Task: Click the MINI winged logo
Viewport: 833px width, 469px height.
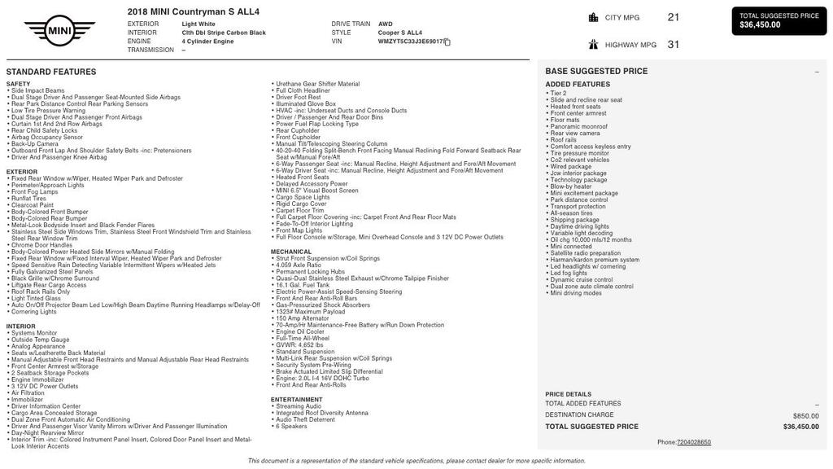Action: pos(59,31)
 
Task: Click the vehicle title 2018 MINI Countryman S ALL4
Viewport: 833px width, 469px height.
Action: pos(194,11)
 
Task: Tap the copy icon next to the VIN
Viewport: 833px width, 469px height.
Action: pos(447,42)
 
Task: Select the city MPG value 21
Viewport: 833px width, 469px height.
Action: pos(674,17)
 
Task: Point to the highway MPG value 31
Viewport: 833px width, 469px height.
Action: pos(674,45)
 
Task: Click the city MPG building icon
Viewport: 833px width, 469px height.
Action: pos(594,17)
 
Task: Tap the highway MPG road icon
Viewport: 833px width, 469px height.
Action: pos(594,45)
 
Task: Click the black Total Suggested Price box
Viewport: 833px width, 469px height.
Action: pos(779,20)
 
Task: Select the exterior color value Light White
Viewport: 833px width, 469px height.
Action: pos(198,24)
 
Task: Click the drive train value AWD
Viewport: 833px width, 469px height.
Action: pos(385,24)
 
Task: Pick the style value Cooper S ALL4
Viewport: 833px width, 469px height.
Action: pos(400,33)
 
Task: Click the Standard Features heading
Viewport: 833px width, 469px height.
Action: pos(51,72)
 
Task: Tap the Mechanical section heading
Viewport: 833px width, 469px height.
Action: pos(291,252)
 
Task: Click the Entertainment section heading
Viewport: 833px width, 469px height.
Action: pos(297,400)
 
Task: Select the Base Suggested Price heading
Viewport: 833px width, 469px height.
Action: pos(596,72)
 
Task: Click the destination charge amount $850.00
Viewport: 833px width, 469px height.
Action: pos(805,415)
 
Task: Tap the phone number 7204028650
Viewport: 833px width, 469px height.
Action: pos(693,442)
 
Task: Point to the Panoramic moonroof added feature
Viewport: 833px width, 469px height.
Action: pos(578,126)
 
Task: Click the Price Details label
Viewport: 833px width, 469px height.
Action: pos(568,394)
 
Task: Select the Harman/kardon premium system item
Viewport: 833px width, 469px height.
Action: pos(595,260)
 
